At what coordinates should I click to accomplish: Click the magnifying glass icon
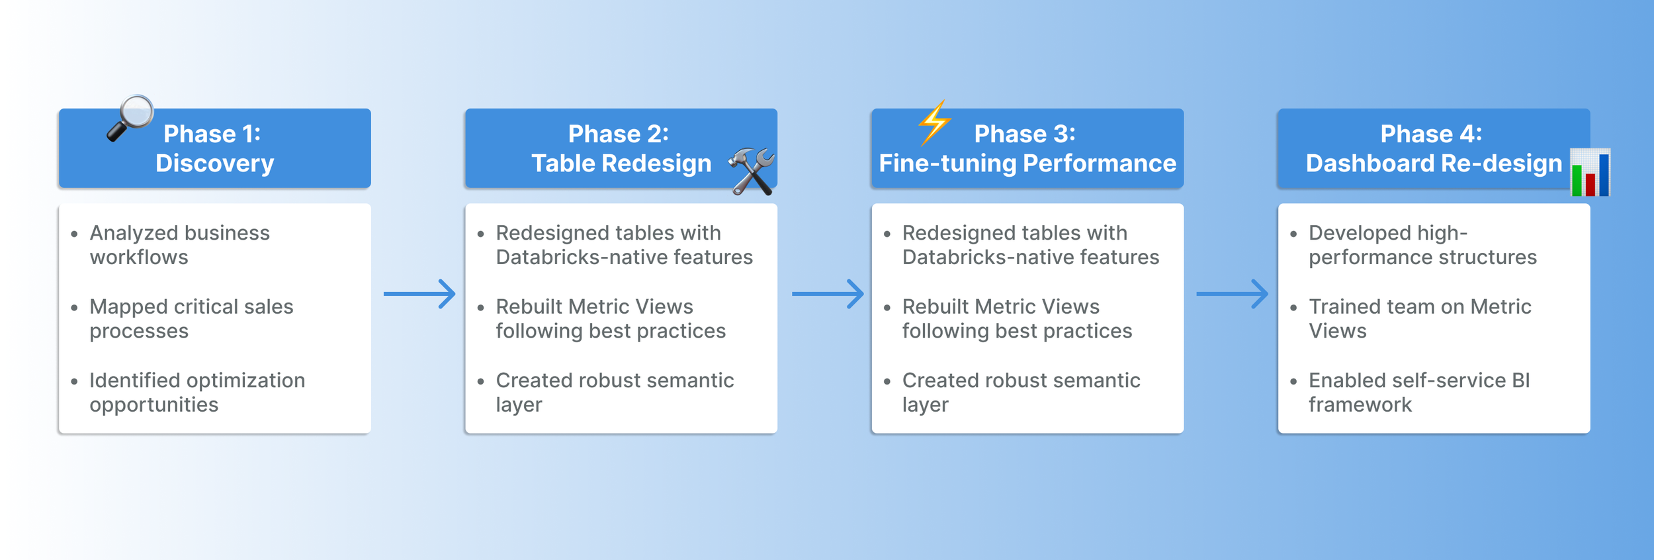pos(130,117)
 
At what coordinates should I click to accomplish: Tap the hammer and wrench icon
pos(752,171)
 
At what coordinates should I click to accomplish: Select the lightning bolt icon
pos(934,122)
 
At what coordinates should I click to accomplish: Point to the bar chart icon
pos(1590,173)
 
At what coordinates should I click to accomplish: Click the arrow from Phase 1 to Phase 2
pos(419,294)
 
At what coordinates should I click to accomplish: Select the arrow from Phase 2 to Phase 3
pos(828,294)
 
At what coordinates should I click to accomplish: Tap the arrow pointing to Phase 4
pos(1232,294)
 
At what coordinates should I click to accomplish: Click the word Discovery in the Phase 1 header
pos(214,163)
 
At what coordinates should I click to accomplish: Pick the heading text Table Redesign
pos(621,163)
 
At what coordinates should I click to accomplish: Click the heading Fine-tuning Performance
pos(1027,163)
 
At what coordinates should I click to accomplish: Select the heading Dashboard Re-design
pos(1434,163)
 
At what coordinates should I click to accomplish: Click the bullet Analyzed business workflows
pos(179,245)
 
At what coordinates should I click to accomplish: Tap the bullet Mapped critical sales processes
pos(191,318)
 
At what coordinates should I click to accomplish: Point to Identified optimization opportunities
pos(197,392)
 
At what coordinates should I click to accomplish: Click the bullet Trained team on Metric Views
pos(1420,318)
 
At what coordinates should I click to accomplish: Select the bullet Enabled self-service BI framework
pos(1419,392)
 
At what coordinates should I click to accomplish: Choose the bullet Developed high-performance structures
pos(1422,245)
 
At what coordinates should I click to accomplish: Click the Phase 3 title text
pos(1024,134)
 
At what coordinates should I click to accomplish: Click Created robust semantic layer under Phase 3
pos(1021,392)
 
